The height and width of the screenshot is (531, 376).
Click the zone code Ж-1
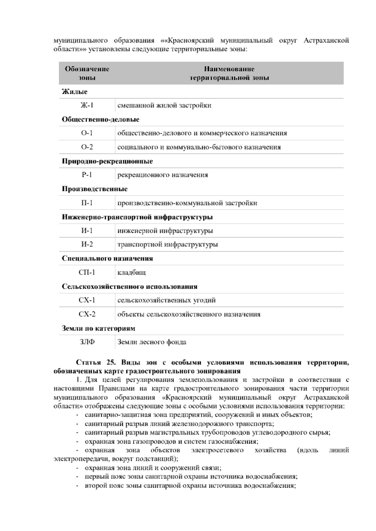(87, 105)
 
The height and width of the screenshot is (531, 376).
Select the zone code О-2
(87, 147)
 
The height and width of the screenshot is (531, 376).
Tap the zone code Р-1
(87, 175)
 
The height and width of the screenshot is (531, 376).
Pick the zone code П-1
(87, 203)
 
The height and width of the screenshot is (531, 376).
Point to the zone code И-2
(87, 245)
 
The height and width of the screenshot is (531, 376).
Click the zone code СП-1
(87, 272)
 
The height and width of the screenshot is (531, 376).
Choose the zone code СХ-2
(87, 314)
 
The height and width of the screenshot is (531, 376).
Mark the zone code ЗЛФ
(87, 342)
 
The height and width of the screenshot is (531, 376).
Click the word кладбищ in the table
(131, 272)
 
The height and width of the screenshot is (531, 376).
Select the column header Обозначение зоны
(87, 73)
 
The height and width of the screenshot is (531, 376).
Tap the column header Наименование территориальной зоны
(229, 73)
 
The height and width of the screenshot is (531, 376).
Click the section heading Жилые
(75, 92)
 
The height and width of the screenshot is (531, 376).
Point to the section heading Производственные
(95, 189)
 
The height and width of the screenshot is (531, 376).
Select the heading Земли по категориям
(99, 328)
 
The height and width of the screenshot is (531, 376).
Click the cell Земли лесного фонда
(152, 342)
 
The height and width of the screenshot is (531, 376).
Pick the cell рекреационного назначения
(162, 175)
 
